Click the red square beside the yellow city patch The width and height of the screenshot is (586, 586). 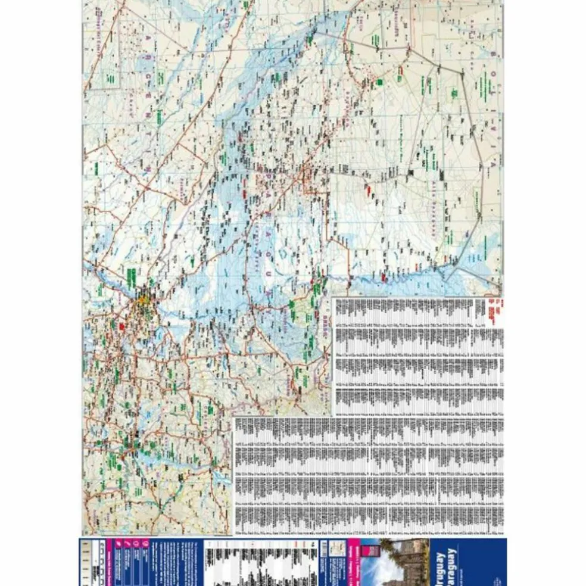121,326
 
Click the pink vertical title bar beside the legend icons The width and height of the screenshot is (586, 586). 109,563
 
